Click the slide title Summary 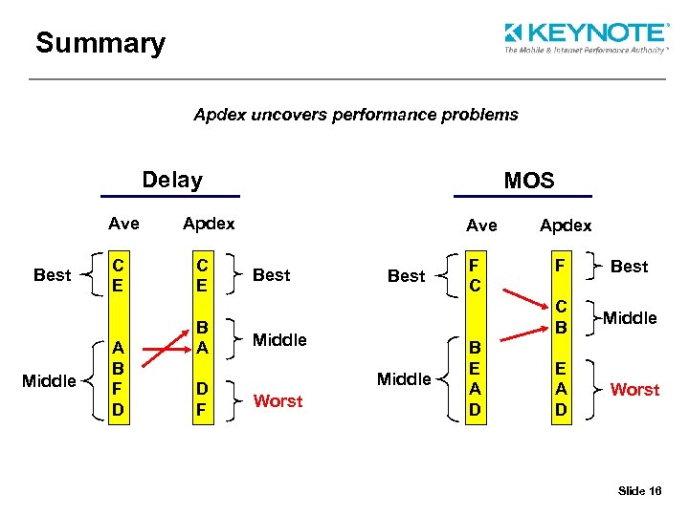point(100,43)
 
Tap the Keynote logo point(586,37)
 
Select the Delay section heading point(172,180)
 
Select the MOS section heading point(528,181)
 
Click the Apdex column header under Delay point(209,224)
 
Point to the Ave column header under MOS point(481,226)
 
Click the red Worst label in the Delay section point(278,401)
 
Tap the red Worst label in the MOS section point(634,390)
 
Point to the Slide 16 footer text point(640,490)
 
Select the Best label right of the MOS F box point(629,267)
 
